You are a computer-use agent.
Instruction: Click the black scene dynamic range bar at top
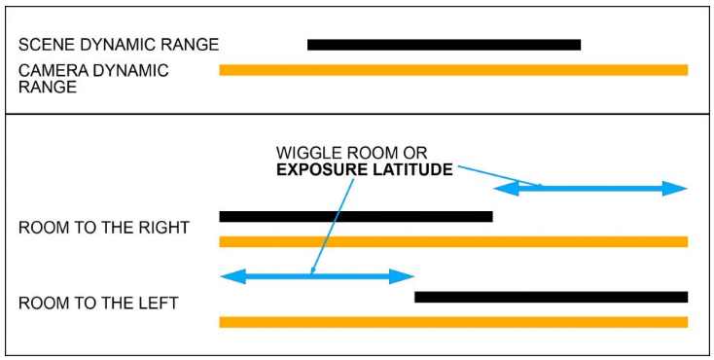point(444,45)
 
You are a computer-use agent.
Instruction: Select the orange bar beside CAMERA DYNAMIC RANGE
point(453,70)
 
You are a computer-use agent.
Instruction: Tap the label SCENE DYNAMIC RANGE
point(119,45)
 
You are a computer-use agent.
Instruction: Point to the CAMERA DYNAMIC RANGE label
point(93,78)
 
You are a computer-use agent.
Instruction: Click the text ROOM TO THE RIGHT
point(103,228)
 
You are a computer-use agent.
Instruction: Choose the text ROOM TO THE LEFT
point(98,303)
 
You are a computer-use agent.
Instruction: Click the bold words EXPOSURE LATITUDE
point(365,169)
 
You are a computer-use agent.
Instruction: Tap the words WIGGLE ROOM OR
point(352,153)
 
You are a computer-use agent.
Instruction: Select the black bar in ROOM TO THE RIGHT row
point(356,216)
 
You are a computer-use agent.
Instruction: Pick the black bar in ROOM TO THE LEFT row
point(551,297)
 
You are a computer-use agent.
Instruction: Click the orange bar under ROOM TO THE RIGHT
point(453,241)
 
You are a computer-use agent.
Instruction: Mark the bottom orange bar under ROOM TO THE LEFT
point(453,322)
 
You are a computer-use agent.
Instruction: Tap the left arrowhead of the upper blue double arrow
point(506,189)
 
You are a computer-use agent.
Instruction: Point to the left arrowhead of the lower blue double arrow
point(232,276)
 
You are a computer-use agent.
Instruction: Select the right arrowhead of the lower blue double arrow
point(404,276)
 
